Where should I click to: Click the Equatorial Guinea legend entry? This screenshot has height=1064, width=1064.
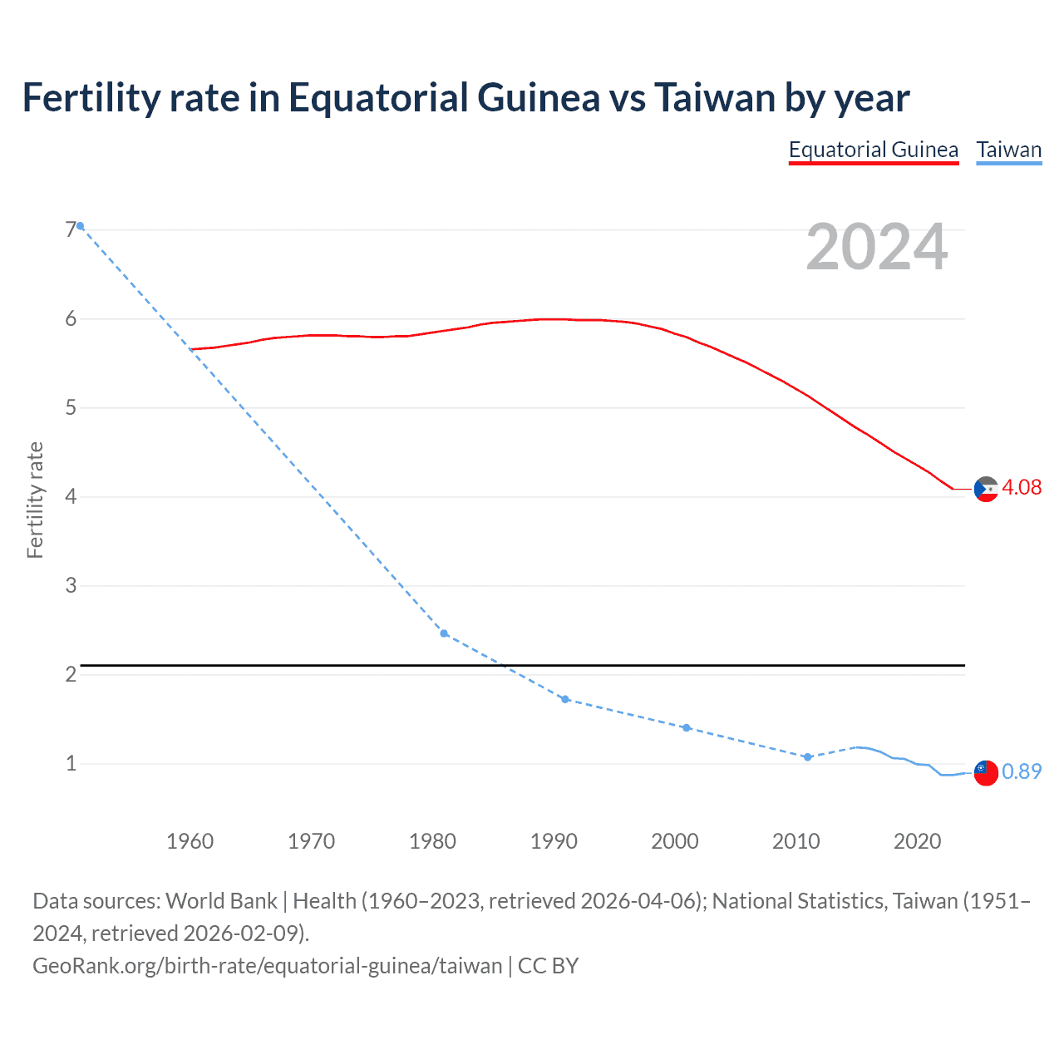(x=873, y=150)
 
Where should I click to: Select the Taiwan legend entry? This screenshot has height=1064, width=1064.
(x=1008, y=150)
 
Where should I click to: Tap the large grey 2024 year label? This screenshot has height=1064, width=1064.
(x=876, y=247)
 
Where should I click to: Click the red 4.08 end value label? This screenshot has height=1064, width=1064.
(x=1022, y=487)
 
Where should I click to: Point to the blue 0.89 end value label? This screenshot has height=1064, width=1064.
(x=1022, y=771)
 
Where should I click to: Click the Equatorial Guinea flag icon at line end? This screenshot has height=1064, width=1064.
(x=986, y=490)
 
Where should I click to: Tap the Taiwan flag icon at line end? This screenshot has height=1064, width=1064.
(x=986, y=773)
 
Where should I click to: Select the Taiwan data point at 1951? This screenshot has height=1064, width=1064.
(x=81, y=226)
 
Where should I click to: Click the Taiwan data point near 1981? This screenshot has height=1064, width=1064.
(x=444, y=633)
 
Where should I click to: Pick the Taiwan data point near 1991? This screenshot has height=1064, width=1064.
(x=565, y=699)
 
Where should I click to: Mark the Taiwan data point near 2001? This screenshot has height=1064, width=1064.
(x=687, y=727)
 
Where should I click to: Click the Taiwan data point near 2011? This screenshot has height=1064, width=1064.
(x=807, y=756)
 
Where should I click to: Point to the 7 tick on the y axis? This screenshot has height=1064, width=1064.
(x=71, y=230)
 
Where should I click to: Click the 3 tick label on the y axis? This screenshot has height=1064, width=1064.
(x=71, y=585)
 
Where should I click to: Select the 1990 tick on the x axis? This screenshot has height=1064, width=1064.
(x=554, y=841)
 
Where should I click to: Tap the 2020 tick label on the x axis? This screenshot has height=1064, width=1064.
(x=917, y=841)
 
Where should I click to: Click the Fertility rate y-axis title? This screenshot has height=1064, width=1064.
(x=35, y=500)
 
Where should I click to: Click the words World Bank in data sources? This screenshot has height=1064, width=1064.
(x=221, y=901)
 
